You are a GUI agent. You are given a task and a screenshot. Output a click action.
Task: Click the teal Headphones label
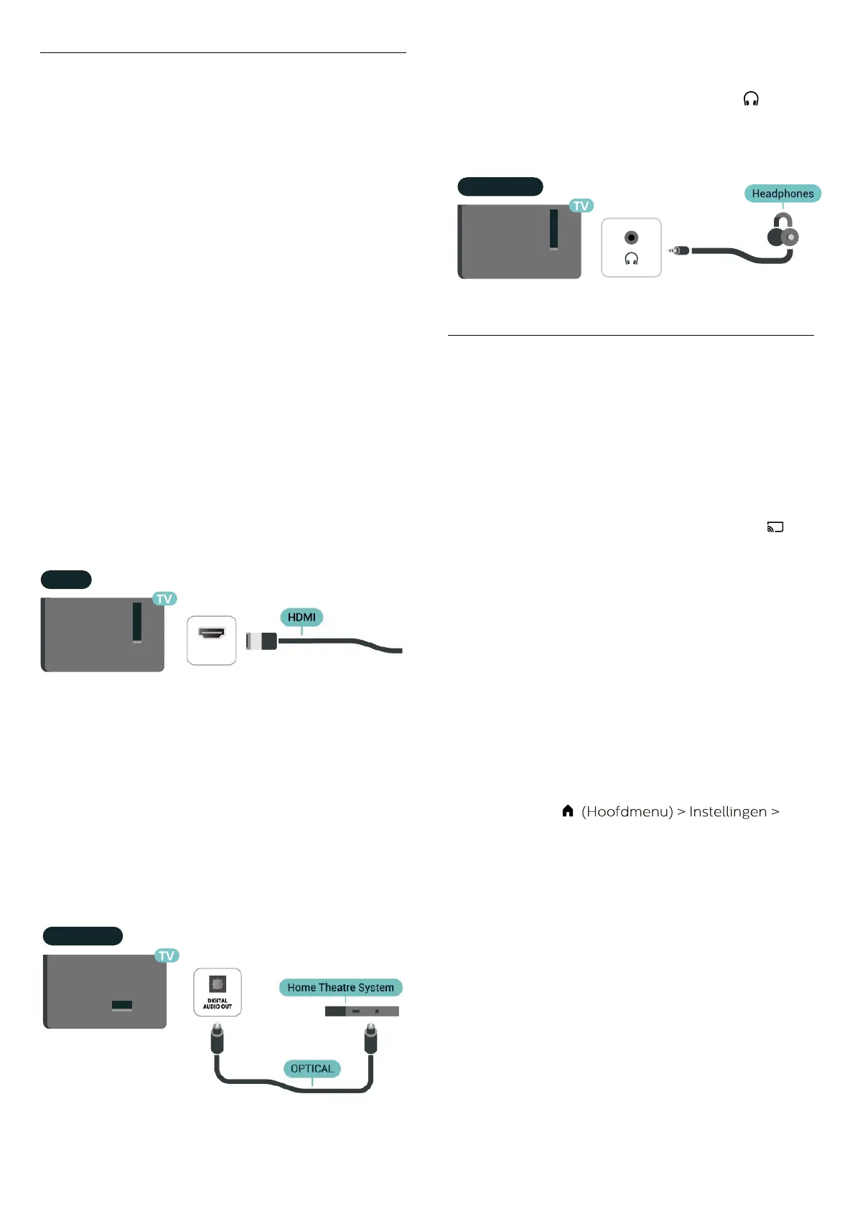[782, 194]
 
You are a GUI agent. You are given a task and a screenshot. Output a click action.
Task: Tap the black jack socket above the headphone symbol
[631, 237]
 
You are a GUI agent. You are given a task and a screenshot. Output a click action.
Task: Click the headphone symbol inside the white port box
[631, 258]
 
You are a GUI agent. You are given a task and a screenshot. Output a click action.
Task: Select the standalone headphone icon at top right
[751, 99]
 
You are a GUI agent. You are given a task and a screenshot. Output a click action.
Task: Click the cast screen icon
[775, 527]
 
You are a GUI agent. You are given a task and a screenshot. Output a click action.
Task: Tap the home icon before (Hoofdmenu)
[567, 811]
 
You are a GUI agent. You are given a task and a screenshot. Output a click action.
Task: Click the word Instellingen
[727, 811]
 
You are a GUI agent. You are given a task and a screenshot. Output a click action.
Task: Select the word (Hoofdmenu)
[627, 811]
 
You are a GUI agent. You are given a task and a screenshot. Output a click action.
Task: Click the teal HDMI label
[302, 617]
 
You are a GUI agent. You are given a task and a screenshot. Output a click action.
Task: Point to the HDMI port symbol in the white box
[211, 633]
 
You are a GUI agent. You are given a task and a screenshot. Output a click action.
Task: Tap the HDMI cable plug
[262, 641]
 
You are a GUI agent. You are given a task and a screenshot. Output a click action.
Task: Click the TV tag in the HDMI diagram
[164, 599]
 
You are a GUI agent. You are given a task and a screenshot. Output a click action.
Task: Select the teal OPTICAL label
[312, 1069]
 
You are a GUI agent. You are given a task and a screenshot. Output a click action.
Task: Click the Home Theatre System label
[340, 988]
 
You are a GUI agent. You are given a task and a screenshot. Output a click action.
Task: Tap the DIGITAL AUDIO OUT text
[217, 1004]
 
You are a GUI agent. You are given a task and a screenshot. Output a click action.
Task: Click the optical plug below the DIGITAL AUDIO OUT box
[217, 1038]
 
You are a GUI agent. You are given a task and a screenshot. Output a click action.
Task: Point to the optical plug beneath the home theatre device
[370, 1038]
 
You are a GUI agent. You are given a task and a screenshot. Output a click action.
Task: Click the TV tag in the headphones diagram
[581, 206]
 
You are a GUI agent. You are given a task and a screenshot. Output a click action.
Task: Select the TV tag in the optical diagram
[167, 955]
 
